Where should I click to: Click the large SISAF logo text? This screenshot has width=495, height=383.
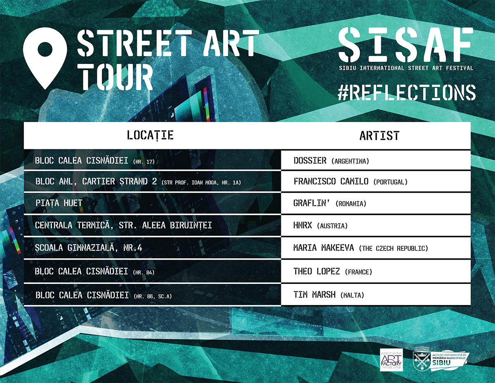pos(406,45)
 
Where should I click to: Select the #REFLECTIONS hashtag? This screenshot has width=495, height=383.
pos(407,92)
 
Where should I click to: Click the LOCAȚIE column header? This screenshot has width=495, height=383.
pos(150,135)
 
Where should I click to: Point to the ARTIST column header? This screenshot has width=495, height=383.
pos(379,136)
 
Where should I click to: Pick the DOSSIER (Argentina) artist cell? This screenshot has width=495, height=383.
pos(376,161)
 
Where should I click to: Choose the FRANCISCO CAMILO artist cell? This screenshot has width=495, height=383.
pos(376,181)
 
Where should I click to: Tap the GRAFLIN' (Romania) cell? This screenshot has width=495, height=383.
pos(376,203)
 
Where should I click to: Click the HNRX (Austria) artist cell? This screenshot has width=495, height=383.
pos(376,225)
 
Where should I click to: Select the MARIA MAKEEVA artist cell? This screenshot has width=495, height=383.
pos(376,248)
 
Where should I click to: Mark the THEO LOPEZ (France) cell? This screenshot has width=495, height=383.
pos(376,271)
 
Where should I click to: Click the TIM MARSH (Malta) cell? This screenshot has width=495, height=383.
pos(376,295)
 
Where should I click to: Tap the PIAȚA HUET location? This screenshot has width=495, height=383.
pos(59,203)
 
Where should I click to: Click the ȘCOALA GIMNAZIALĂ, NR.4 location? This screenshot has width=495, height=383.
pos(89,248)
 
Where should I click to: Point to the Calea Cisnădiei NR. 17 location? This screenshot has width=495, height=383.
pos(95,161)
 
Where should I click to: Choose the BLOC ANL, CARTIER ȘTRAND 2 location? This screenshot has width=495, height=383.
pos(138,182)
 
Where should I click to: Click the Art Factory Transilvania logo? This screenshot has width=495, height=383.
pos(391,360)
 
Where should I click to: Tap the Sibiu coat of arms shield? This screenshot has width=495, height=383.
pos(422,359)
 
